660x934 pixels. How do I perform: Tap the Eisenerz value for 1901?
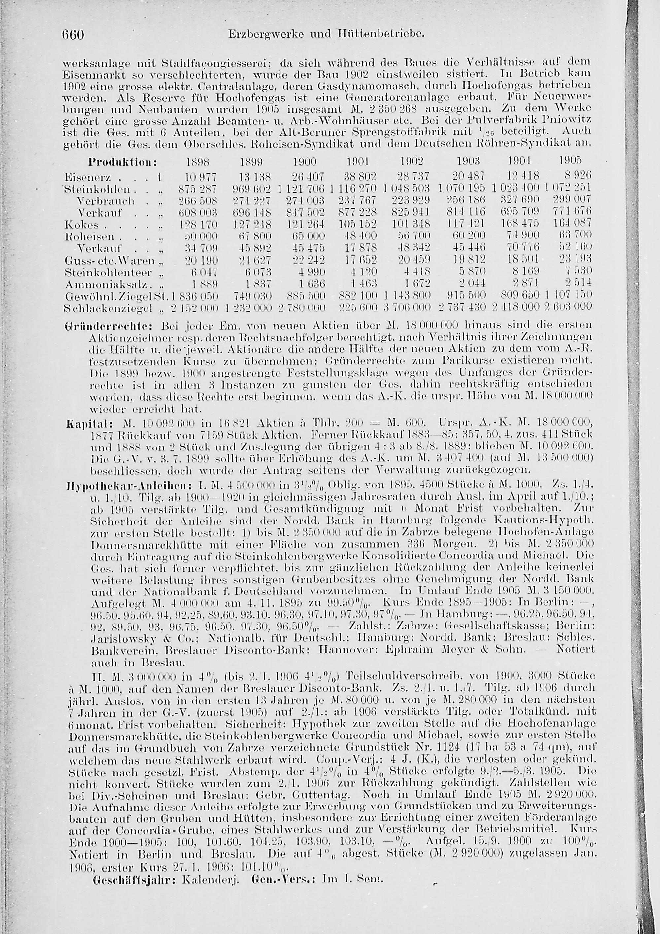(x=358, y=177)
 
